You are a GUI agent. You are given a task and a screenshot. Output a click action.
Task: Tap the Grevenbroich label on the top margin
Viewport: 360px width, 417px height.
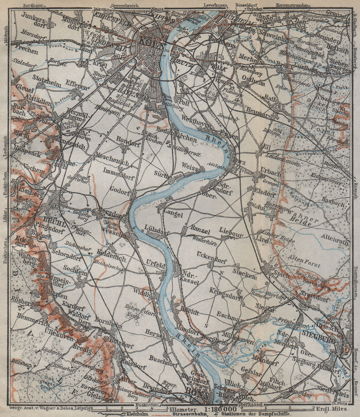125,6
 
